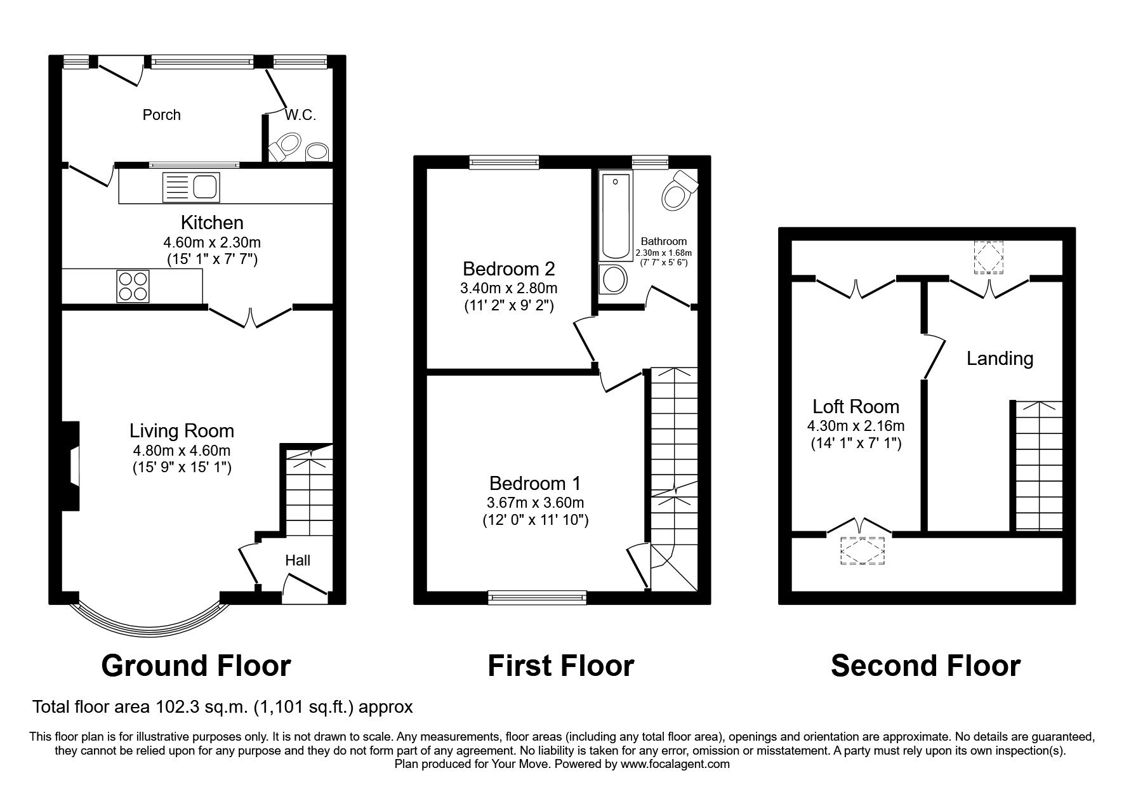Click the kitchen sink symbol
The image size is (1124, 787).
click(190, 187)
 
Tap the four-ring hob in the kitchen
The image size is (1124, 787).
click(133, 286)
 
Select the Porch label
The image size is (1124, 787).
click(161, 115)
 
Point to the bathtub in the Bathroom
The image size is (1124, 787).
click(614, 215)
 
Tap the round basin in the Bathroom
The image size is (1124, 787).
click(613, 279)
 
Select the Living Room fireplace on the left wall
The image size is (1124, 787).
click(72, 466)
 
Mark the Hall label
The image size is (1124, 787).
click(297, 560)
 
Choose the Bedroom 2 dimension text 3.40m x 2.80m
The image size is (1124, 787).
click(508, 288)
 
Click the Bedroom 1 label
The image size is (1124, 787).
click(534, 484)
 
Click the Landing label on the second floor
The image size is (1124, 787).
click(1000, 359)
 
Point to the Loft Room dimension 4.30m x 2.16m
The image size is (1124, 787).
click(856, 426)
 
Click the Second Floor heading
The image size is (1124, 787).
click(925, 666)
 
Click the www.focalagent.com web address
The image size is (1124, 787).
click(675, 764)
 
